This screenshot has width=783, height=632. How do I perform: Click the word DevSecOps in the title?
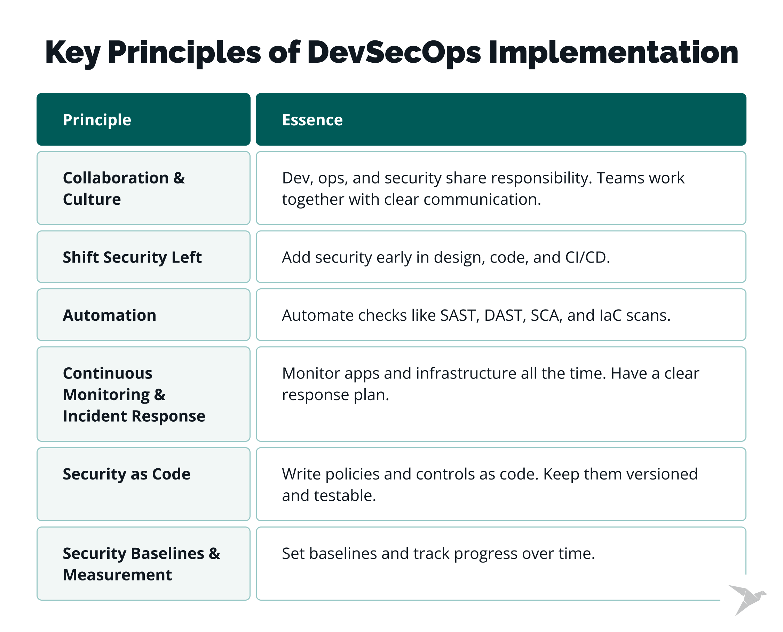(394, 53)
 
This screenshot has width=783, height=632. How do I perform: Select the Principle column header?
(97, 120)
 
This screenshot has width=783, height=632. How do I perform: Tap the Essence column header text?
(313, 120)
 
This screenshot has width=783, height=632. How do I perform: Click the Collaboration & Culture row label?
(124, 189)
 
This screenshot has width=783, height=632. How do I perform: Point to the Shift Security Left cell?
(143, 257)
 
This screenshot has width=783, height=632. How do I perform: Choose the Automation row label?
(110, 315)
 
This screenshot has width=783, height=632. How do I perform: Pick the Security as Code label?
(127, 474)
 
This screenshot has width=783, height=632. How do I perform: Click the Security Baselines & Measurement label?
(142, 564)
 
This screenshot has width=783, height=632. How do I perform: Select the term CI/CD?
(585, 257)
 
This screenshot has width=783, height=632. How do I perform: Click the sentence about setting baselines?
(438, 553)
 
